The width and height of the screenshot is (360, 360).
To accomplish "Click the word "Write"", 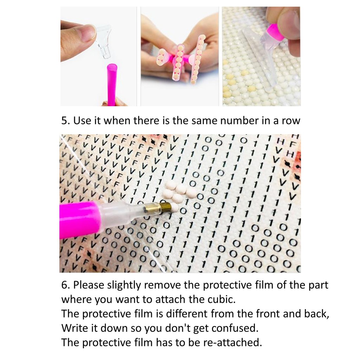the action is pyautogui.click(x=75, y=328).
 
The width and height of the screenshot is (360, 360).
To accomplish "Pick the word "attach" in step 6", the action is pyautogui.click(x=170, y=300).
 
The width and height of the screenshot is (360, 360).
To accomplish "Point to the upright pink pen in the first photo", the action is pyautogui.click(x=112, y=85).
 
